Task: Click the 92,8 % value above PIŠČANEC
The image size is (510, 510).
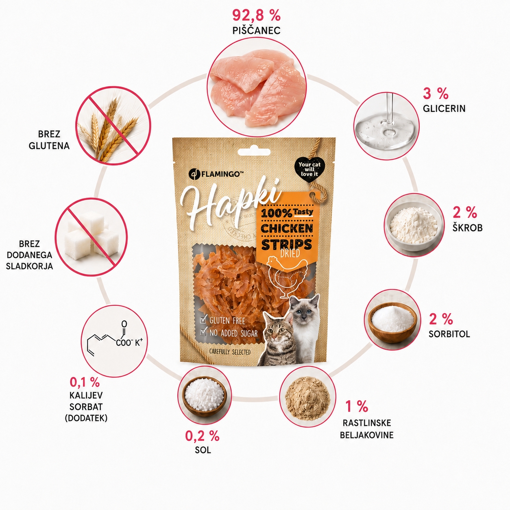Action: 256,15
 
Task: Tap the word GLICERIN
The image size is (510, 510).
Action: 444,109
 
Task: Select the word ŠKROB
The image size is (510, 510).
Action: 467,228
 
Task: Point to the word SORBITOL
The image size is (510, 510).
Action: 449,334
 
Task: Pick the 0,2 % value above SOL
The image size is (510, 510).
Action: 202,436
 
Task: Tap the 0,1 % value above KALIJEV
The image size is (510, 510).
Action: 85,382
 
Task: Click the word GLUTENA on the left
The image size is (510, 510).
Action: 49,146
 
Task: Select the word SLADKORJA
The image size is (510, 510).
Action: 29,266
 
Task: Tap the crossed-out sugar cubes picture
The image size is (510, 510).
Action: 92,237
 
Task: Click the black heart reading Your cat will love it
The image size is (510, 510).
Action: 309,170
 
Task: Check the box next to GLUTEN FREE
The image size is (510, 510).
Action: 203,320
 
